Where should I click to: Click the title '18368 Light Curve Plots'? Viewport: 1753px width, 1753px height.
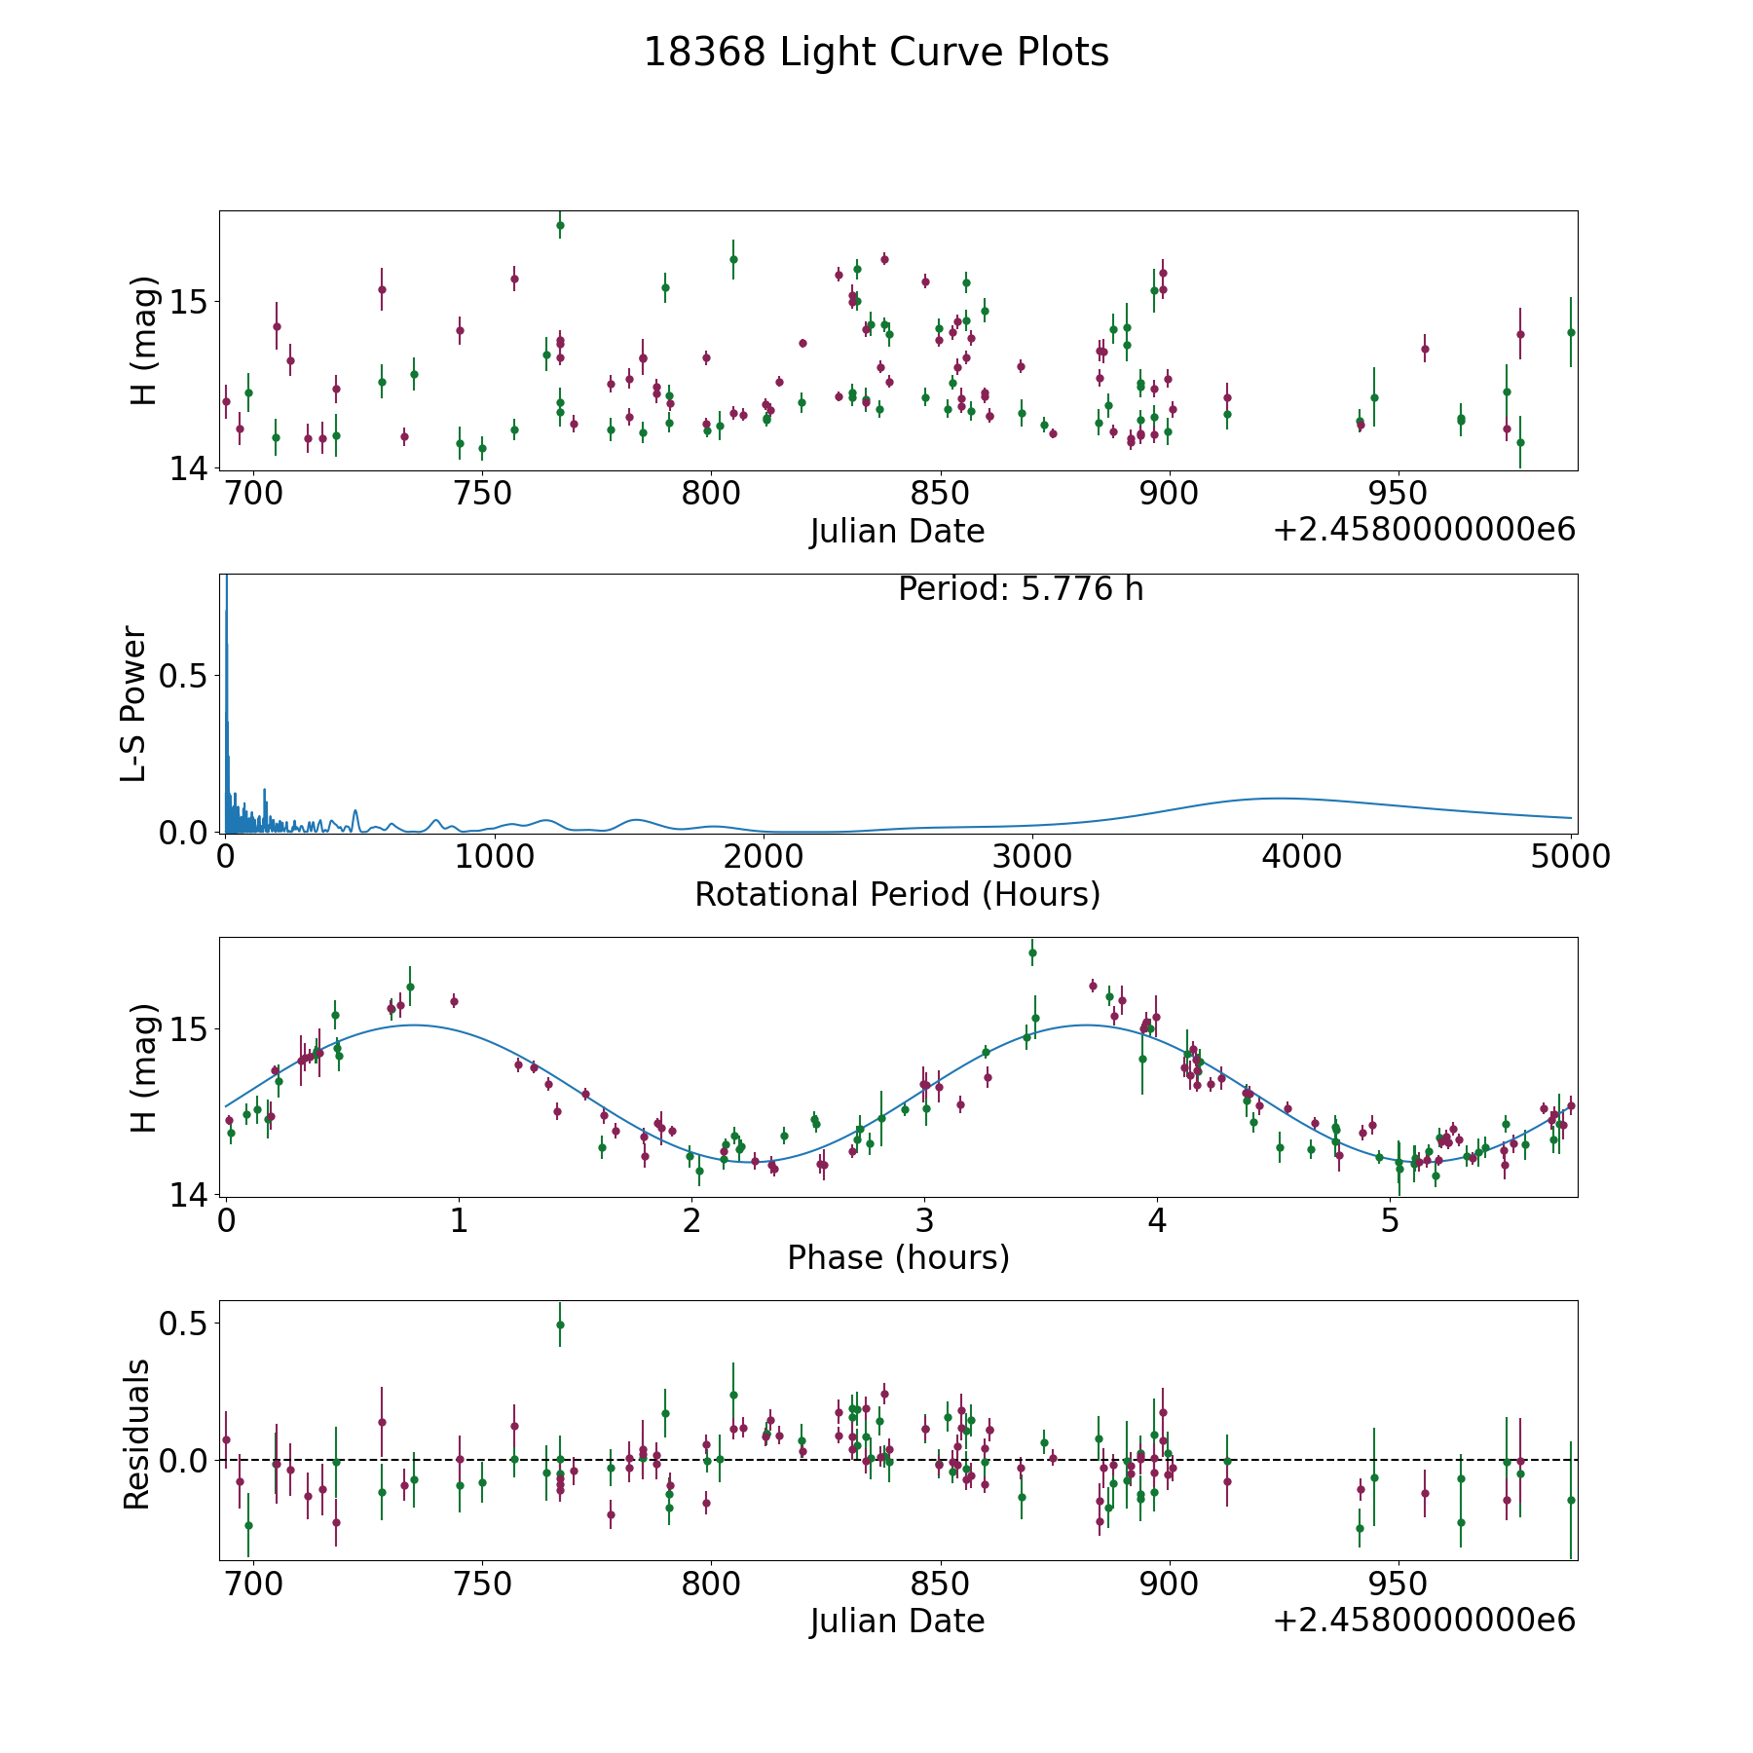[876, 53]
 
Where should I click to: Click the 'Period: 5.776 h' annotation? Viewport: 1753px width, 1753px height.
[1020, 589]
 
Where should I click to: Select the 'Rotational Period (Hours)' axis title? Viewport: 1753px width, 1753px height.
[897, 894]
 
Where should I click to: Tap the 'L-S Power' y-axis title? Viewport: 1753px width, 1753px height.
[134, 703]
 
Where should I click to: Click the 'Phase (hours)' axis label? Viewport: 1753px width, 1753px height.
[897, 1257]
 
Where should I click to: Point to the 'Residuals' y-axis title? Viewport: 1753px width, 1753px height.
[136, 1434]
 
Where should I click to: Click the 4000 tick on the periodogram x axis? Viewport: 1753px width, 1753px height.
[1300, 857]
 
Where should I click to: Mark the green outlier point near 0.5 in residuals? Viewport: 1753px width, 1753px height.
[560, 1324]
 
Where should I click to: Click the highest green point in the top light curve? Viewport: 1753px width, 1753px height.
[560, 225]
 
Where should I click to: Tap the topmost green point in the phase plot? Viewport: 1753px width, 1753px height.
[1032, 952]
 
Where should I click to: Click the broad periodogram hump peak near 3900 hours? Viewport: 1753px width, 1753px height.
[1276, 798]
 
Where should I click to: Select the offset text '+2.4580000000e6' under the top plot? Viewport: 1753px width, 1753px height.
[1424, 531]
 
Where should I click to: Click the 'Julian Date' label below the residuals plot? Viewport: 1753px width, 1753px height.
[897, 1621]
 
